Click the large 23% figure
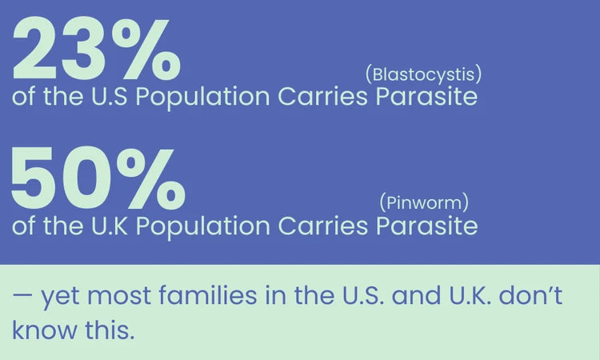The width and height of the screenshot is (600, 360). coord(97,48)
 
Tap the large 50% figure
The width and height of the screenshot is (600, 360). coord(98,178)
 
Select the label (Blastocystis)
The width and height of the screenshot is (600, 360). coord(423,74)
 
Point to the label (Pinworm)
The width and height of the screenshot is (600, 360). coord(424,202)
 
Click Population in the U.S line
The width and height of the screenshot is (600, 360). coord(203,98)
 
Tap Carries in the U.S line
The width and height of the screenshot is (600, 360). coord(322,96)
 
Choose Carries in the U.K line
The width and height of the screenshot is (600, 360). coord(322,226)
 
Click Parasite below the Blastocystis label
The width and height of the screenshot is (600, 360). coord(426,96)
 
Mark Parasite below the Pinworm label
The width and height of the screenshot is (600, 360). coord(426,226)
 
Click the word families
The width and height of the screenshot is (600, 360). coord(207,295)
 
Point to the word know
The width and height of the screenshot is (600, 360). coord(44,330)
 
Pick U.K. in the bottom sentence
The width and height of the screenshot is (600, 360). coord(470,296)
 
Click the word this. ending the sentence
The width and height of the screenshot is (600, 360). coord(110,330)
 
